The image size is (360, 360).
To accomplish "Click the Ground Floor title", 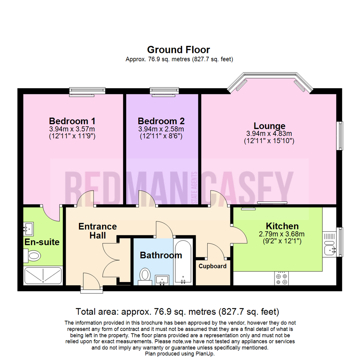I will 179,50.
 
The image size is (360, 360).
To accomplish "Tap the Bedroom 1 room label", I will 72,121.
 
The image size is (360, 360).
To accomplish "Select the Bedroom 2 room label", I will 161,121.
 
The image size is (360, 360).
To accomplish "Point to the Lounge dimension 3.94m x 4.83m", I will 269,134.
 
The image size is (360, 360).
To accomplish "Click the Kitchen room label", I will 282,226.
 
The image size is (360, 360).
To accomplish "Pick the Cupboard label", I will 213,266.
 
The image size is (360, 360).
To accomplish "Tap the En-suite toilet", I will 33,256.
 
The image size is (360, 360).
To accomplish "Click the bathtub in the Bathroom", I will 183,262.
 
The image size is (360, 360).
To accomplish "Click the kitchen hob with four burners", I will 281,278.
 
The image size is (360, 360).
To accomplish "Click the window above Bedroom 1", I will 87,91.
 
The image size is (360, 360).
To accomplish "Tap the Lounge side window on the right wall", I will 340,136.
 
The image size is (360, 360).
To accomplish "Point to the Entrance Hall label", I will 97,231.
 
